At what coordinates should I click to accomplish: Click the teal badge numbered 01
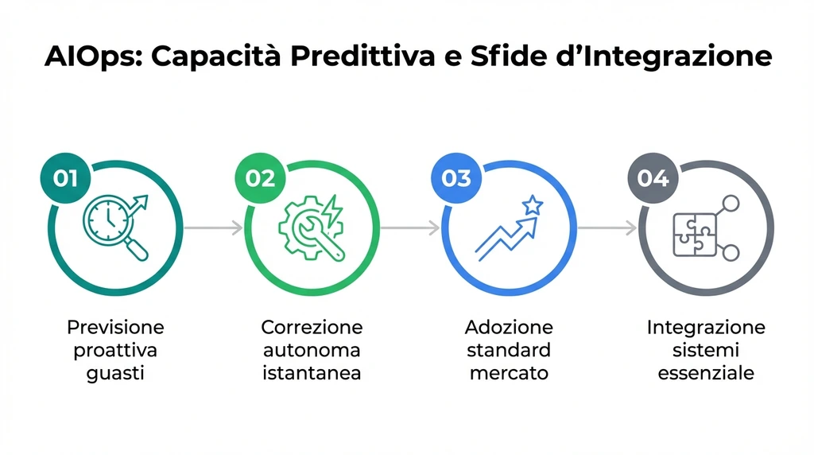66,177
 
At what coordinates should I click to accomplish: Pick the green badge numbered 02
260,177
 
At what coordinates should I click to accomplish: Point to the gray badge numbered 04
653,177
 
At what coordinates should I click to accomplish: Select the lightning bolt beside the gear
333,208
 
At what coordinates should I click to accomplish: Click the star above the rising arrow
532,206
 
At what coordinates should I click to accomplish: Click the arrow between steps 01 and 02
213,228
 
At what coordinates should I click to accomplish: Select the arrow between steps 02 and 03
409,228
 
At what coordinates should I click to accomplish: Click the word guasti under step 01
115,373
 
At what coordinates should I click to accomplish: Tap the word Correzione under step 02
312,327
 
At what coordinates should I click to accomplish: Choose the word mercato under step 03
509,373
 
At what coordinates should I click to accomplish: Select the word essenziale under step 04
706,373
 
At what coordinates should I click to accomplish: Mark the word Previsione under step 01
115,327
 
